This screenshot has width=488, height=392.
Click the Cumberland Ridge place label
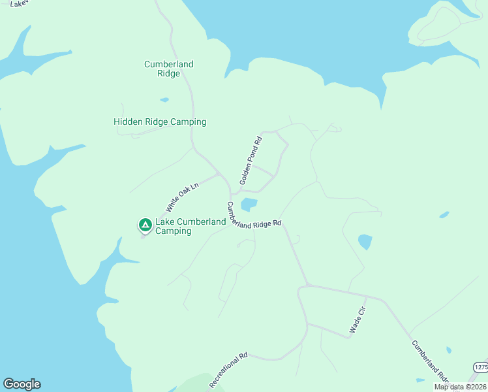click(x=168, y=69)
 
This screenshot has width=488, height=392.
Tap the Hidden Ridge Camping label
click(x=160, y=122)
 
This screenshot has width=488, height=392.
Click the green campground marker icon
click(x=145, y=225)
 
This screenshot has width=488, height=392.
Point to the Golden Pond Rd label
click(x=250, y=159)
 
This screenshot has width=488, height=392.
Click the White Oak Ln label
click(x=181, y=197)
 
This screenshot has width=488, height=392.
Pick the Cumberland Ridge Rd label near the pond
click(x=254, y=216)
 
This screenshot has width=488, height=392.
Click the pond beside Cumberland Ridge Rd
click(x=249, y=205)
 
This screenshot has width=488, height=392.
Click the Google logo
click(x=22, y=384)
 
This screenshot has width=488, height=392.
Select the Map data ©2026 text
click(x=460, y=387)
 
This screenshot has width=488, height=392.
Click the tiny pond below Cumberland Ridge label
click(x=164, y=100)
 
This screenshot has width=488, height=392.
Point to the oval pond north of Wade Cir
click(x=365, y=242)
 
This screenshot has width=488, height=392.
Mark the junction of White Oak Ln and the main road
click(x=219, y=174)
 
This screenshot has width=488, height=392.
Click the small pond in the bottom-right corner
click(x=419, y=380)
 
